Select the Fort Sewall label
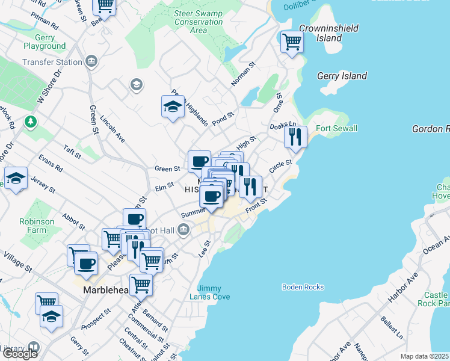tap(337, 128)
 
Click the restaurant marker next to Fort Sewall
tap(295, 137)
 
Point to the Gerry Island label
tap(342, 76)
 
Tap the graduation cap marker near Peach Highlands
tap(173, 106)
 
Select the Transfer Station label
tap(52, 62)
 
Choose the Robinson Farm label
tap(37, 226)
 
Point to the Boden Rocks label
tap(303, 287)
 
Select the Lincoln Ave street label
tap(112, 129)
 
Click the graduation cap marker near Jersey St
tap(16, 179)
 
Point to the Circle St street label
tap(280, 167)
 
